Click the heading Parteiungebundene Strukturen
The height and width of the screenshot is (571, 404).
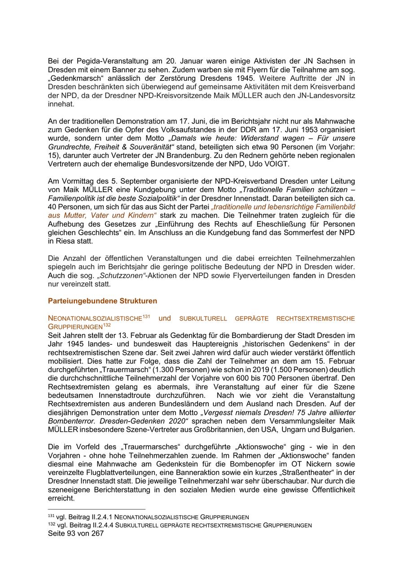pos(102,301)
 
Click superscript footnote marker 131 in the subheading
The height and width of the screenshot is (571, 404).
pos(146,316)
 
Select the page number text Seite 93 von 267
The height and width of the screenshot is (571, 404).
pos(76,534)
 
